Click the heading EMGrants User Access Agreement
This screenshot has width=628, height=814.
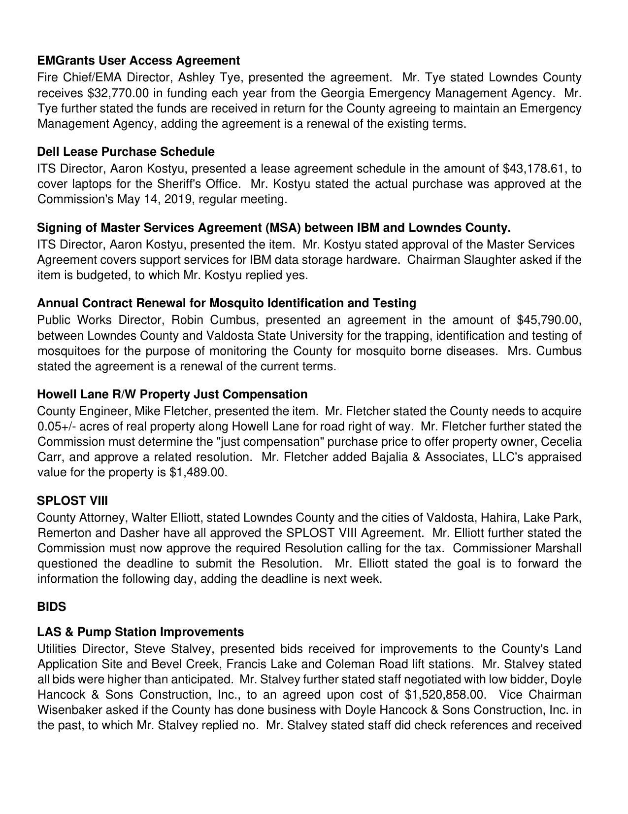[138, 61]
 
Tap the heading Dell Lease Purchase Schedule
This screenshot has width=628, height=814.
[126, 152]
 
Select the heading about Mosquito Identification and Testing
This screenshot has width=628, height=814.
[227, 303]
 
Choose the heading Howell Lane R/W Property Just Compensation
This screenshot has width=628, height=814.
[172, 394]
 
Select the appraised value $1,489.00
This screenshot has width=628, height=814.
[197, 472]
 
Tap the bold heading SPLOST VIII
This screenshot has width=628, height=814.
[72, 501]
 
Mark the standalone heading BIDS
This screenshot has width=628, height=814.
[51, 607]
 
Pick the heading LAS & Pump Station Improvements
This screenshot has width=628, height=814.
[140, 632]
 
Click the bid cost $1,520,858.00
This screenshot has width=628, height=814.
[445, 695]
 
